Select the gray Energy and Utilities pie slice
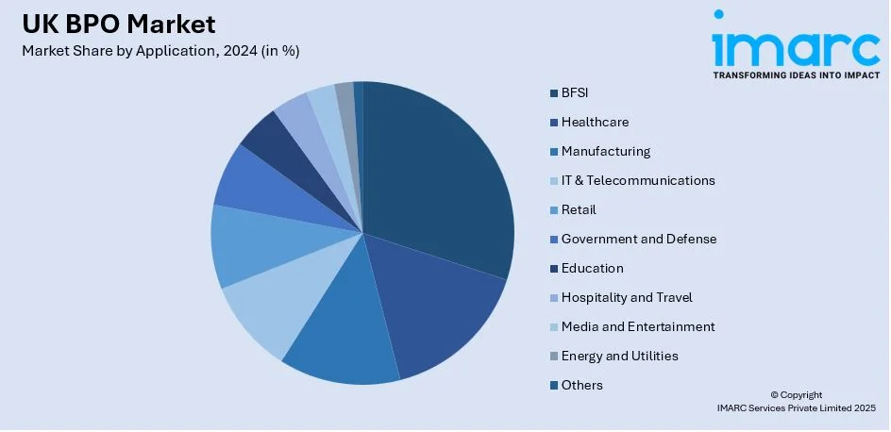click(346, 98)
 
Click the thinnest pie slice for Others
click(359, 94)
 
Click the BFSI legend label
click(575, 92)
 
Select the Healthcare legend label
click(595, 122)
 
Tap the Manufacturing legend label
click(605, 151)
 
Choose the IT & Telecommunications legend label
click(638, 180)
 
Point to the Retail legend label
click(579, 209)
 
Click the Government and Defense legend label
click(639, 239)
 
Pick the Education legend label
click(592, 268)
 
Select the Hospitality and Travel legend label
click(627, 297)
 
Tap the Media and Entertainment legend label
click(638, 326)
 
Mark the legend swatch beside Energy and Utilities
click(552, 356)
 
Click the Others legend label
click(581, 385)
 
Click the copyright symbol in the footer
click(774, 395)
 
